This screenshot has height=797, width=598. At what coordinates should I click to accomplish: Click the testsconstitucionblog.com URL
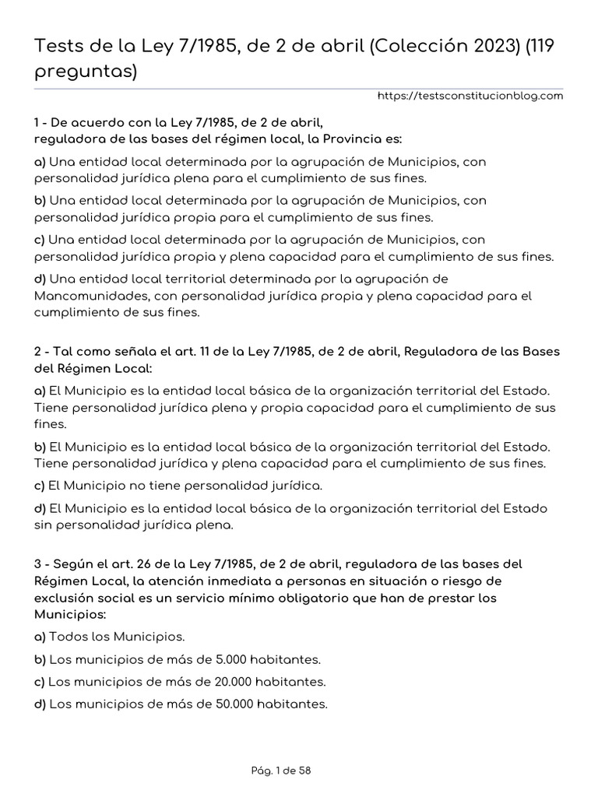470,96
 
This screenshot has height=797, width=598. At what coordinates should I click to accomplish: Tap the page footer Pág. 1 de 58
282,771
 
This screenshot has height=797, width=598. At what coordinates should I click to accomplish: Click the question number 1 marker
37,122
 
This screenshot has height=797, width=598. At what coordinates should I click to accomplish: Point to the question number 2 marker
38,350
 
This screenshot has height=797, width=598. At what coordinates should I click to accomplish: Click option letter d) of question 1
40,279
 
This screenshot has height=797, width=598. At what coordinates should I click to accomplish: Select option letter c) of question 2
40,486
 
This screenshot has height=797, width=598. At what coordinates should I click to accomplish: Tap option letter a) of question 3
40,637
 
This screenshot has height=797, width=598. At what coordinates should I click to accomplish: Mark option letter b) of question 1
40,200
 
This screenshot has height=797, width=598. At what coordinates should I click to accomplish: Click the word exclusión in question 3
67,599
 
